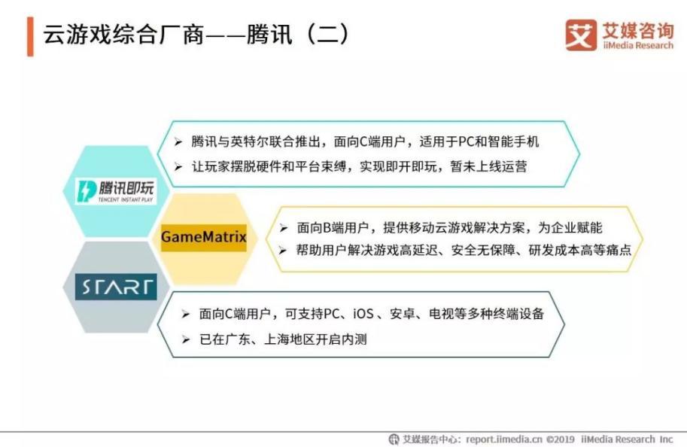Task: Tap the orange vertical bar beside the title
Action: pyautogui.click(x=30, y=36)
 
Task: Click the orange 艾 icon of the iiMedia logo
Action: pyautogui.click(x=582, y=35)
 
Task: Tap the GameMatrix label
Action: pyautogui.click(x=203, y=237)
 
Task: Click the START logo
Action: pyautogui.click(x=116, y=287)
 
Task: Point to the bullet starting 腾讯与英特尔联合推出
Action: pyautogui.click(x=365, y=141)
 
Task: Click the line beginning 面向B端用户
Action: pyautogui.click(x=450, y=227)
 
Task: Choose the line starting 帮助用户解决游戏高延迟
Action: pyautogui.click(x=454, y=249)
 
